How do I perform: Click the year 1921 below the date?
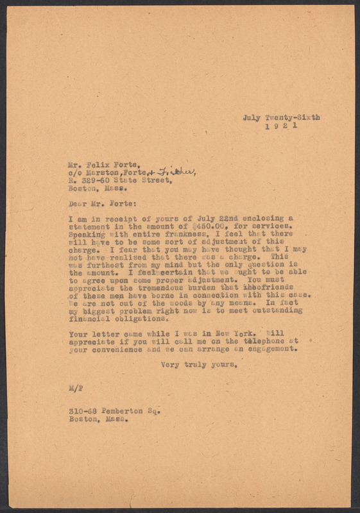point(281,127)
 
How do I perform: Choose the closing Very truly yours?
point(198,366)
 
